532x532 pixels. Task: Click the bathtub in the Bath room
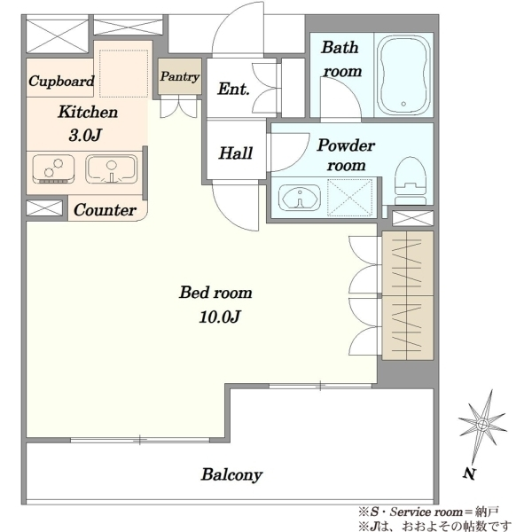(x=403, y=75)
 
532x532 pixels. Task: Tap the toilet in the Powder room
(x=411, y=181)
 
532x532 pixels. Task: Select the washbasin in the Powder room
(x=300, y=198)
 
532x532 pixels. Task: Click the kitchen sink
(x=112, y=169)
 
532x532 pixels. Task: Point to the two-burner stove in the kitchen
(x=53, y=169)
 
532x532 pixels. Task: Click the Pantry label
(x=179, y=76)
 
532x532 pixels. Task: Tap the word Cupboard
(x=61, y=82)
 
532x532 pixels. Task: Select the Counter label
(x=105, y=210)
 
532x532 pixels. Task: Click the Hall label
(x=236, y=153)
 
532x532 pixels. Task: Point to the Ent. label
(x=233, y=89)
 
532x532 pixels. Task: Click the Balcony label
(x=231, y=474)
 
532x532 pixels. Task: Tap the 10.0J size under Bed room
(x=220, y=317)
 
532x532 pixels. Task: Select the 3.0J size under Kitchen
(x=85, y=136)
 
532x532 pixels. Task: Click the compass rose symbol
(x=482, y=424)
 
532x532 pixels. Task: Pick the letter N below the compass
(x=469, y=473)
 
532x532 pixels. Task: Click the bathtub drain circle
(x=403, y=104)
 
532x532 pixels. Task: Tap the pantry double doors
(x=178, y=106)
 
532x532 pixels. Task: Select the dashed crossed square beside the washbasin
(x=349, y=198)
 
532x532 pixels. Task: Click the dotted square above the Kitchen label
(x=123, y=74)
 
